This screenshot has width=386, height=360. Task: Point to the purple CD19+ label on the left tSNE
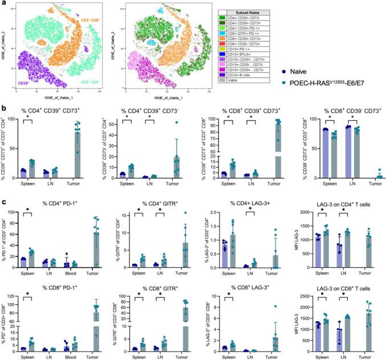[x=25, y=83]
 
